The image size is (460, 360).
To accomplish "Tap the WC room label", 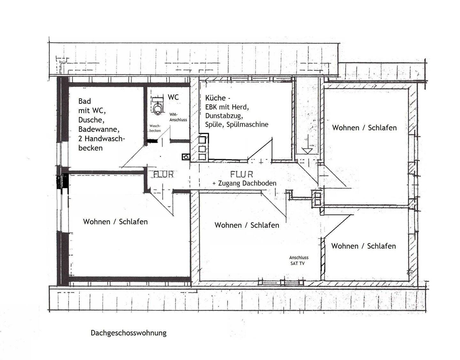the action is (173, 97).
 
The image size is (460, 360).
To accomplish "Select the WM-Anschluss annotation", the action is (178, 117).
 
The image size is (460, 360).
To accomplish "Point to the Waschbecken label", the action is (155, 128).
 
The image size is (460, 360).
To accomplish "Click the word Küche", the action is (215, 98).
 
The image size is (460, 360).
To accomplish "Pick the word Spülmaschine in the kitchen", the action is (247, 124).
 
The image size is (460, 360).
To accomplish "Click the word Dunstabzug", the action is (224, 116).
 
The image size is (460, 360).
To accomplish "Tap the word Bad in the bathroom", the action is (84, 101).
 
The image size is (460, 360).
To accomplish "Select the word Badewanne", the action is (99, 129).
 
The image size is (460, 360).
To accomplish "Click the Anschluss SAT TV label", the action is (299, 260).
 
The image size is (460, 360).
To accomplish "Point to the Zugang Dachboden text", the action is (247, 183).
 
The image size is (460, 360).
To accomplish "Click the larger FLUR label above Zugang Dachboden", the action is (241, 174).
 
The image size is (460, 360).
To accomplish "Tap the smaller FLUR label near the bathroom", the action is (164, 174).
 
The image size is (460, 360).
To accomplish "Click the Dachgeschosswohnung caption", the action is (128, 333).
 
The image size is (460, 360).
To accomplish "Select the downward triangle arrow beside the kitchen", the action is (307, 151).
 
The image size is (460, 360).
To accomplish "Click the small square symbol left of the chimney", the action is (186, 157).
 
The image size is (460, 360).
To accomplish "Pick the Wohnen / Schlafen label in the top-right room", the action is (364, 128).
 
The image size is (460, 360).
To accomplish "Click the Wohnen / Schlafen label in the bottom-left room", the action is (115, 221).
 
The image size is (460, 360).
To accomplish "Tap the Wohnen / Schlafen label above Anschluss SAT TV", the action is (247, 225).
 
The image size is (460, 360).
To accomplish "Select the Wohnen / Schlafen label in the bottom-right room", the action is (364, 246).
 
